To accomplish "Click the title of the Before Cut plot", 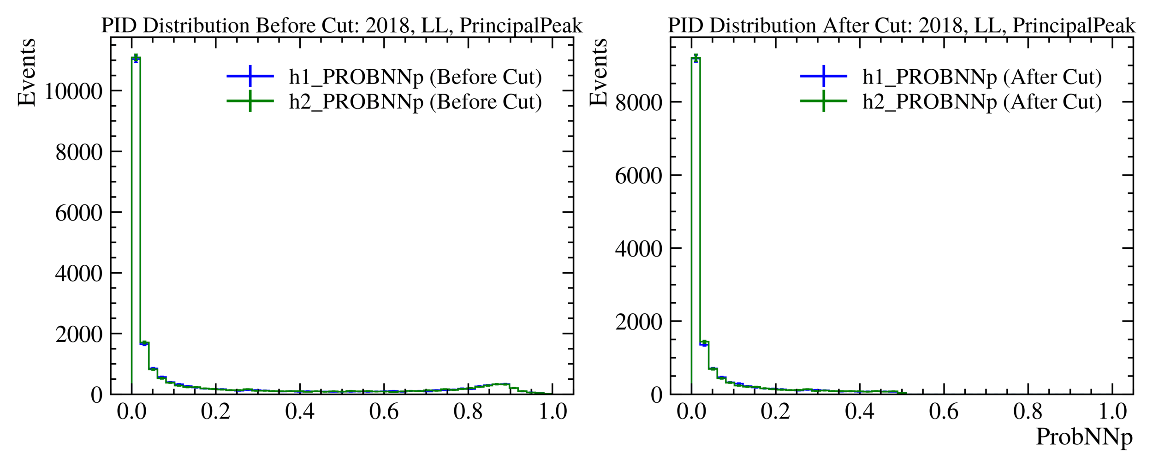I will [x=342, y=26].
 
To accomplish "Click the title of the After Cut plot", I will [x=902, y=26].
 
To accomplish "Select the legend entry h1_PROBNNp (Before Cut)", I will [x=415, y=77].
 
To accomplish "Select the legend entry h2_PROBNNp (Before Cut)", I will [x=415, y=102].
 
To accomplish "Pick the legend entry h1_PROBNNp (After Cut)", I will [x=982, y=77].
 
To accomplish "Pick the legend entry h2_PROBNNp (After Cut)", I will [x=982, y=102].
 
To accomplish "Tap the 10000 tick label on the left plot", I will [x=73, y=91].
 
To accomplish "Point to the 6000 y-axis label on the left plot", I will [x=78, y=213].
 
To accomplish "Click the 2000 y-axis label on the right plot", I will [x=638, y=322].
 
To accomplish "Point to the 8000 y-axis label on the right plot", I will [x=638, y=102].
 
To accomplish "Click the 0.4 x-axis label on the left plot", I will [x=300, y=411].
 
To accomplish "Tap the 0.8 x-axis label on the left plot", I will [x=468, y=411].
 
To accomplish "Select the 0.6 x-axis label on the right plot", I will [x=944, y=411].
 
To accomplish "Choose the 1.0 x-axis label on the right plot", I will [x=1112, y=411].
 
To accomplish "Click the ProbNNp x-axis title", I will [x=1084, y=437].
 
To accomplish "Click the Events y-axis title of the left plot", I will [x=26, y=72].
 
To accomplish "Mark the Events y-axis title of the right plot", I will [x=599, y=72].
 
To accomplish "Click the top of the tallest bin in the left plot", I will [x=136, y=58].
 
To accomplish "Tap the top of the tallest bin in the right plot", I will [x=696, y=58].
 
